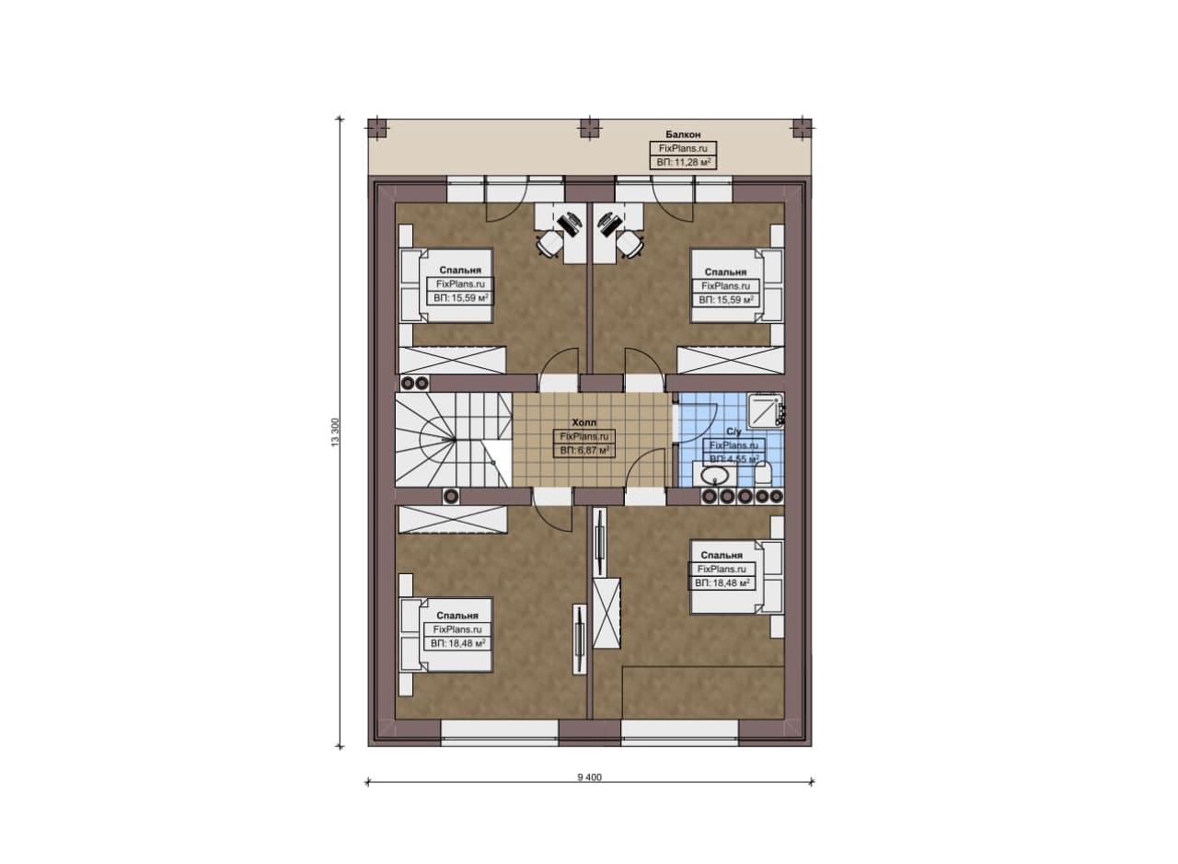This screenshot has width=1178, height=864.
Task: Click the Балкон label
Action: coord(683,134)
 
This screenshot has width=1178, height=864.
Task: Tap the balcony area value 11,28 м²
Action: coord(683,163)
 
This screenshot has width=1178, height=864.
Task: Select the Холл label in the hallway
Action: coord(583,422)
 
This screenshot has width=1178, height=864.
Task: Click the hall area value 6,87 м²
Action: coord(584,450)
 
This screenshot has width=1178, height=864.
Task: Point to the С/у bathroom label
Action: coord(733,432)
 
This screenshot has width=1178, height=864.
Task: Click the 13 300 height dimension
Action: coord(336,432)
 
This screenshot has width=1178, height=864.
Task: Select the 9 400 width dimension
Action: coord(589,778)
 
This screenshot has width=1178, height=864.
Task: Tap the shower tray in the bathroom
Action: coord(764,409)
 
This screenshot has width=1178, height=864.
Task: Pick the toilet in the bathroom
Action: coord(763,475)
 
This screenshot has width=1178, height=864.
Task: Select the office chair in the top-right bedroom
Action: coord(630,244)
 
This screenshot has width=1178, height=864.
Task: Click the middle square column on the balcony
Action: coord(590,128)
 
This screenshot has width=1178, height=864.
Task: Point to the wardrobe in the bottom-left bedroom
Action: coord(453,520)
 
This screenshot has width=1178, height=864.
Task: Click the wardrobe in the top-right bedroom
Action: coord(731,360)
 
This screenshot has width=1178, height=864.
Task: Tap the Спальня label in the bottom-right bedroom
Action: coord(722,555)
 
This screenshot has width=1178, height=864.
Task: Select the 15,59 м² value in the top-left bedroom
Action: coord(461,298)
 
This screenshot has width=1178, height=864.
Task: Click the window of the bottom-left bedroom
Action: coord(500,733)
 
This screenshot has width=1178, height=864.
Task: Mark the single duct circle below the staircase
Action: coord(451,497)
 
